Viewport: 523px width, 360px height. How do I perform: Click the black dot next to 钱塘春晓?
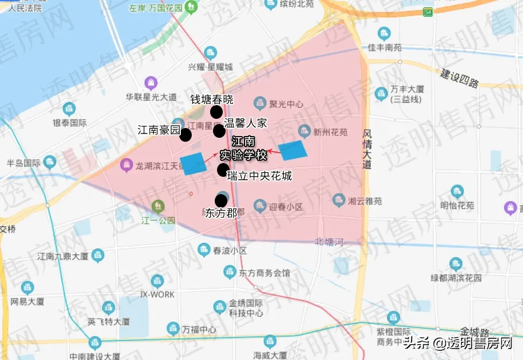[216, 112]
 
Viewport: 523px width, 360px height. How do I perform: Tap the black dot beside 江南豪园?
[185, 135]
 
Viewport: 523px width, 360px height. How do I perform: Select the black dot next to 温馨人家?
[219, 131]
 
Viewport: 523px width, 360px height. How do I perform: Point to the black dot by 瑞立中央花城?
[223, 169]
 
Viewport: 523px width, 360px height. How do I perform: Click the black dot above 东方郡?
[221, 200]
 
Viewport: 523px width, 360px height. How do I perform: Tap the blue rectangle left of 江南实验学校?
[192, 163]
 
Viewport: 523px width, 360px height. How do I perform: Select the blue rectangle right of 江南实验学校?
[293, 150]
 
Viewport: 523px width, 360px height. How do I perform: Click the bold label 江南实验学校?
[244, 149]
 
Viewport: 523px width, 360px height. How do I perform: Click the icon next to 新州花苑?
[304, 131]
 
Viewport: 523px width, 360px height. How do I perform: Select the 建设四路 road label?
[459, 79]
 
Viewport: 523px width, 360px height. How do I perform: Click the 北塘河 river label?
[329, 242]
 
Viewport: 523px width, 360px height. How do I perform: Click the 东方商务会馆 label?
[265, 273]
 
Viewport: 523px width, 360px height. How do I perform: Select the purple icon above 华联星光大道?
[151, 83]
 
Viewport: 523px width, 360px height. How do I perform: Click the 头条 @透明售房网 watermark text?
[458, 344]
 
